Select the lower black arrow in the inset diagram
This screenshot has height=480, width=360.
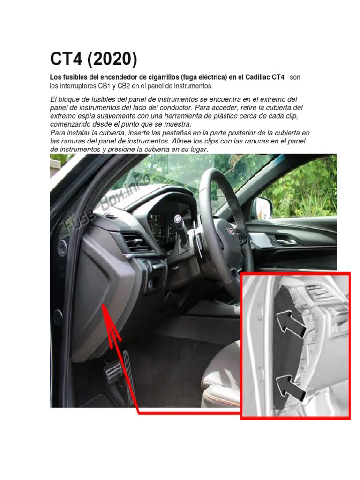pos(290,387)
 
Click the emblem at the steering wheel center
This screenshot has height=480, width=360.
pos(231,231)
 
